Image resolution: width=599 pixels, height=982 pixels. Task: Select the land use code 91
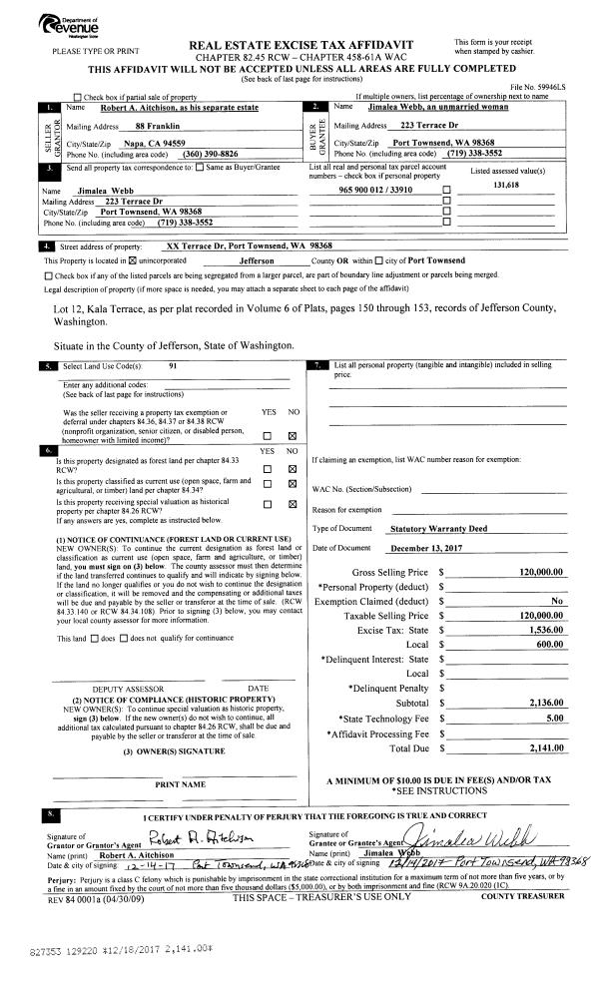coord(174,366)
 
